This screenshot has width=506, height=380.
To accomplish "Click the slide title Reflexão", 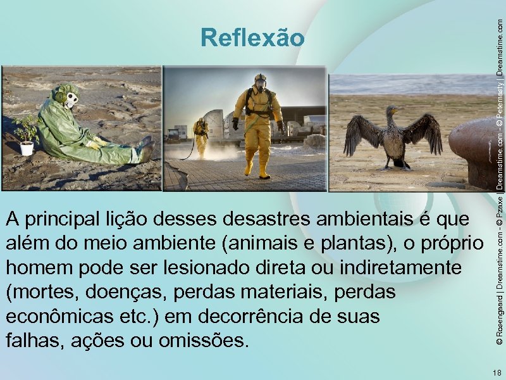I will coord(252,38).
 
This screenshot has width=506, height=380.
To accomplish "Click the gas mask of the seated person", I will coord(69,99).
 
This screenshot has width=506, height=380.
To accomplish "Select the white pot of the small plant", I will coord(27,148).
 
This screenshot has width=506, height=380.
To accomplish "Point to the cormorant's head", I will coord(392,113).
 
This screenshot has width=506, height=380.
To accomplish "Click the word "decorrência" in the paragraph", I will coord(282,317).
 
